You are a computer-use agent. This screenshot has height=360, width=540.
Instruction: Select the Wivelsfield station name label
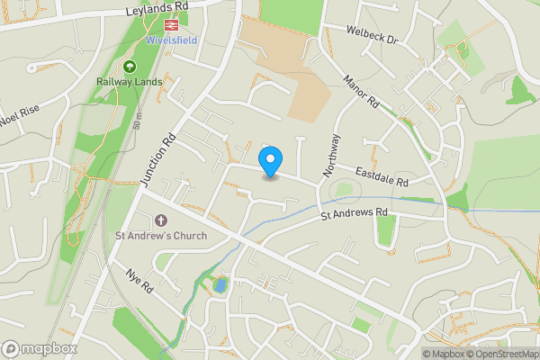click(x=166, y=40)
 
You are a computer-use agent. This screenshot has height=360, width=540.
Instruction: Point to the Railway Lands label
click(x=128, y=81)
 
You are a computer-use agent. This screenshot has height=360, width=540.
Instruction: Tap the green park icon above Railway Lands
click(x=128, y=67)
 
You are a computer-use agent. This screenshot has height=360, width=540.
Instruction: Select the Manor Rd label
click(x=361, y=93)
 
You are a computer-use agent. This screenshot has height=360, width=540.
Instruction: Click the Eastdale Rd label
click(x=382, y=175)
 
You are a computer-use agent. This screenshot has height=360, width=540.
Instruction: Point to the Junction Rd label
click(x=158, y=159)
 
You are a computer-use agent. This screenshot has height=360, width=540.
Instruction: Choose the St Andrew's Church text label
click(x=161, y=236)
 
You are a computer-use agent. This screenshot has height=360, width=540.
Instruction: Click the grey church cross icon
click(x=161, y=220)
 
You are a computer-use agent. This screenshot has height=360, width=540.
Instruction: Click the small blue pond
click(x=220, y=285)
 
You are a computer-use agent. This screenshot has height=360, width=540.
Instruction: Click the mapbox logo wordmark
click(x=40, y=348)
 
